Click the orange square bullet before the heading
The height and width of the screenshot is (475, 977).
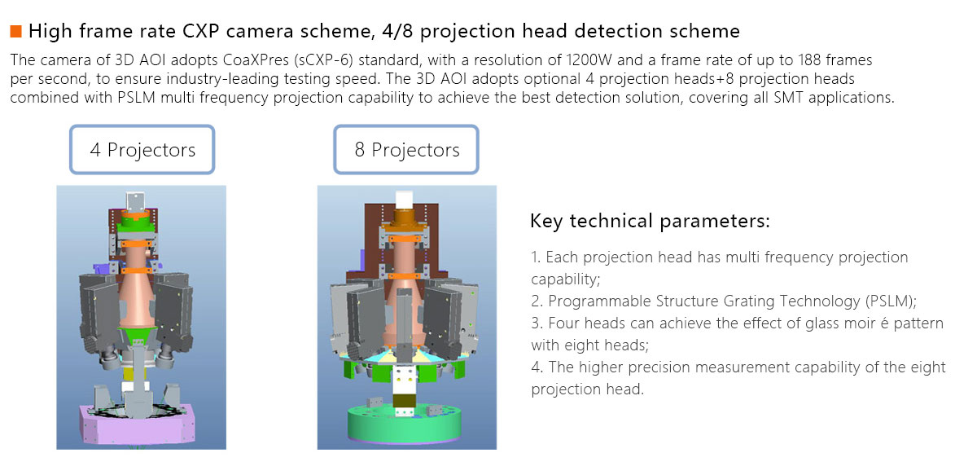tap(15, 33)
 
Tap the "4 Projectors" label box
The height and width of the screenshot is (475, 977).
tap(142, 150)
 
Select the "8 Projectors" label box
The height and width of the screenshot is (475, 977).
tap(407, 150)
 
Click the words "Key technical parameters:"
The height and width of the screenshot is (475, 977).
tap(650, 221)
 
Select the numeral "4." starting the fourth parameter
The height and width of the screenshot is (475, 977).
tap(537, 367)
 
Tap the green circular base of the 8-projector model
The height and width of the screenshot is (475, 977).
tap(406, 424)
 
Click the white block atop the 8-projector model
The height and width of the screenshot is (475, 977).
tap(404, 200)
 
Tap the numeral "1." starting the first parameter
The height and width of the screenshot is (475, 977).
tap(536, 257)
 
